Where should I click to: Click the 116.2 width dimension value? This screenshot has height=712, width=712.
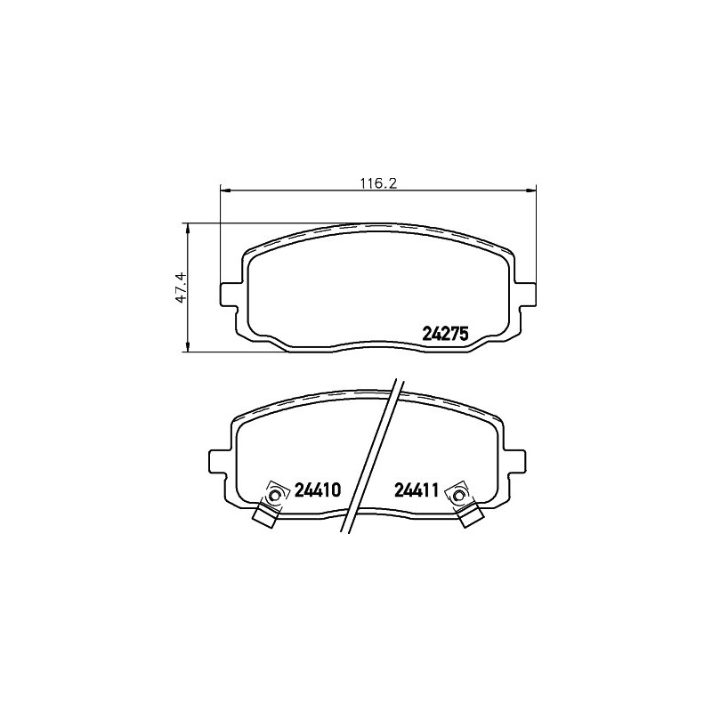379,183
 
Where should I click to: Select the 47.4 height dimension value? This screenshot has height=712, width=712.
182,287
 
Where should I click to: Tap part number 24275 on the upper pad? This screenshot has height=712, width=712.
445,334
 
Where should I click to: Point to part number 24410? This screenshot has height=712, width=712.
318,490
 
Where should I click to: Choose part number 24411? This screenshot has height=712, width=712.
416,490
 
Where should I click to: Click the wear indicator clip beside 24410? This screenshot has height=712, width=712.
271,504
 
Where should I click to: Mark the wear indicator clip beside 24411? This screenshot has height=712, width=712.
463,504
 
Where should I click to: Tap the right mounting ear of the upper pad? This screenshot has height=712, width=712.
525,294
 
